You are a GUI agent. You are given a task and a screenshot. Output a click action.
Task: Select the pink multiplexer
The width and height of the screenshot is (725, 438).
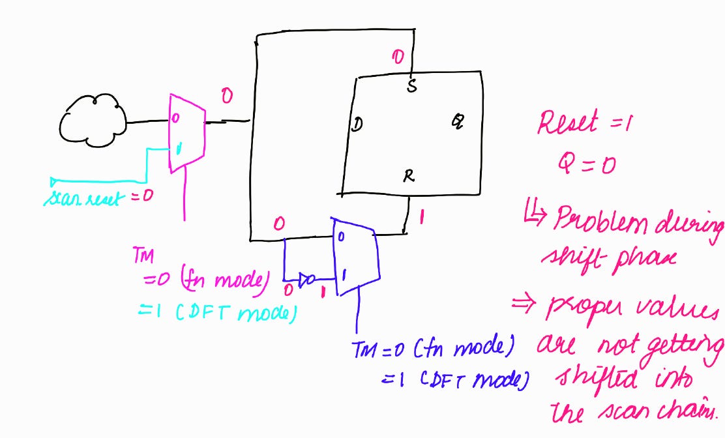click(187, 132)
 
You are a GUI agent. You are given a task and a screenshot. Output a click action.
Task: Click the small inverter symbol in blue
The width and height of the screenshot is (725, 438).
click(307, 280)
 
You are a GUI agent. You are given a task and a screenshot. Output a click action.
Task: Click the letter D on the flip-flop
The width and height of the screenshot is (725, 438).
click(357, 125)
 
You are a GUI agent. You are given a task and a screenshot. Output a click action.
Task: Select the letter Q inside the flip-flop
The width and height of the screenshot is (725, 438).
click(458, 121)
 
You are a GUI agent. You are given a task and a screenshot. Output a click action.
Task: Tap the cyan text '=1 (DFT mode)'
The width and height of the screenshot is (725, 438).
click(217, 314)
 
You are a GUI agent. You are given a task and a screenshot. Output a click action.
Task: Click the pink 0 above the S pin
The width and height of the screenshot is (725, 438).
click(397, 57)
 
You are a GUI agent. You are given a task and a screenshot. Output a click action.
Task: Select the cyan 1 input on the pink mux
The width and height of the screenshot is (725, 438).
click(179, 149)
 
